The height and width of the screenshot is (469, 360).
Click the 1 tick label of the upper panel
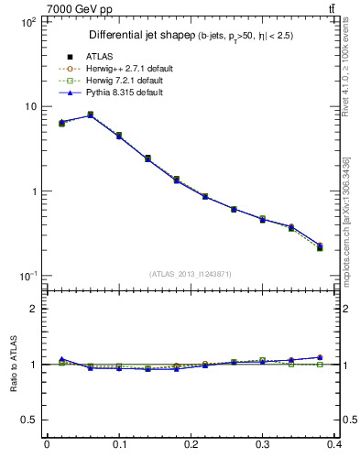[32, 191]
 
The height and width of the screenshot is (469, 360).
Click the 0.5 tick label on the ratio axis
[27, 420]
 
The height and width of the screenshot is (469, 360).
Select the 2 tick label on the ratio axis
[32, 309]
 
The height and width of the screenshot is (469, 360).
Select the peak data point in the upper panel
[90, 115]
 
